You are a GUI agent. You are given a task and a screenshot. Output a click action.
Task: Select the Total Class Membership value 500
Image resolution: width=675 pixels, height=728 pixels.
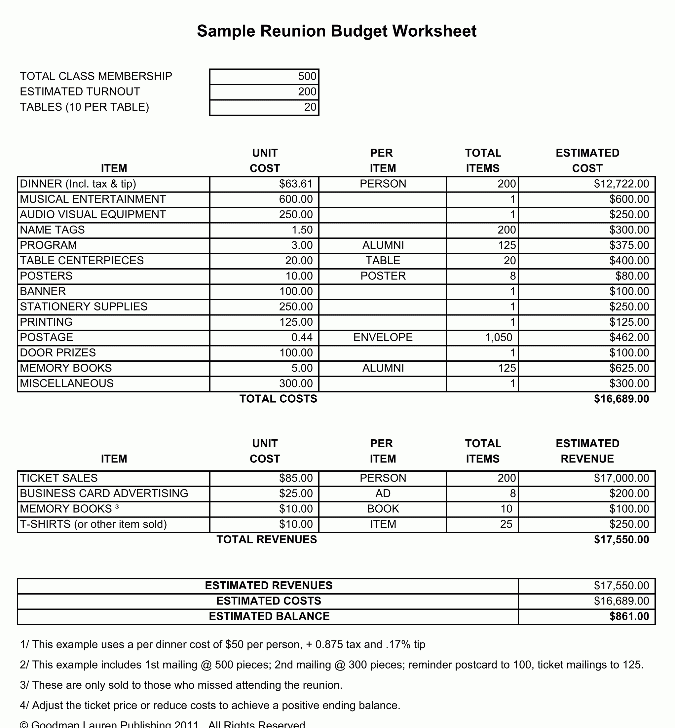click(307, 76)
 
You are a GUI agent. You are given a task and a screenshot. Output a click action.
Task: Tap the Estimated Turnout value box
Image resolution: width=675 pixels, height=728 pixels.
click(264, 91)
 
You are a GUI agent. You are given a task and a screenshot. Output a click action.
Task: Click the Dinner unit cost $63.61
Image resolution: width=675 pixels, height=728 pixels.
click(295, 184)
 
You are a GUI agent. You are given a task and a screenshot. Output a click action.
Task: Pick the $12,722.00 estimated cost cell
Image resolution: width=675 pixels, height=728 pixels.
click(621, 184)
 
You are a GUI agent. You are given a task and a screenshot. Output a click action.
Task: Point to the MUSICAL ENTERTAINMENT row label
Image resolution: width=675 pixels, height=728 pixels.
click(93, 199)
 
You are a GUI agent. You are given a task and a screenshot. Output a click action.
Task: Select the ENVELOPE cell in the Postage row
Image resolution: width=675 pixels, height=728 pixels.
click(383, 337)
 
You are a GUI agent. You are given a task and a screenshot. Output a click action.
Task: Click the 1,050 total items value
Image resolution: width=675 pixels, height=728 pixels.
click(499, 337)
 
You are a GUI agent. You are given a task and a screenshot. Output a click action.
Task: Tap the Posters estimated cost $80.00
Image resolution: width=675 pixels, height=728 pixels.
click(632, 276)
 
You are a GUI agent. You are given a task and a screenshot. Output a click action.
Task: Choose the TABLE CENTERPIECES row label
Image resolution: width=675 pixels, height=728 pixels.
click(82, 261)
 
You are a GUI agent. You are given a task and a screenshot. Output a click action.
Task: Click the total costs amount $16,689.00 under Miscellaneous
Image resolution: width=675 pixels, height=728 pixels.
click(621, 399)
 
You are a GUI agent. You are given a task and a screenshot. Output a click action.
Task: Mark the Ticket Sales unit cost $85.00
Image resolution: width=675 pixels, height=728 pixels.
click(295, 478)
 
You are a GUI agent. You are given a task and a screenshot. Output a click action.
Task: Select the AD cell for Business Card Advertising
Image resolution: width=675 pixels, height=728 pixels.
click(383, 493)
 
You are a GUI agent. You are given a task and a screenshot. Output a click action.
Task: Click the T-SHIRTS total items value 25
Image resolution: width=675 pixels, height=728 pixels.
click(506, 524)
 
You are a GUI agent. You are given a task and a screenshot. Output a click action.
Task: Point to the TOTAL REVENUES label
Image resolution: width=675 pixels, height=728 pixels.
click(267, 540)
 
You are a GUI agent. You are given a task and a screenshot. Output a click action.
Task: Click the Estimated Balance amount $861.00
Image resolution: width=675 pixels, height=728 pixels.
click(629, 616)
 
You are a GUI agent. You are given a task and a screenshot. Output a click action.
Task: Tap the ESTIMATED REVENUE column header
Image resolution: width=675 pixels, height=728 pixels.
click(587, 451)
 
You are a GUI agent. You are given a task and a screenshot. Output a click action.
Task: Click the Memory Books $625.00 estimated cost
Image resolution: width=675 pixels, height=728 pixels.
click(629, 368)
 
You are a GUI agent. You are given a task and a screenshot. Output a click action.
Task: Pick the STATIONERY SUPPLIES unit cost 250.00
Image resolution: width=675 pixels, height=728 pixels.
click(295, 307)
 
